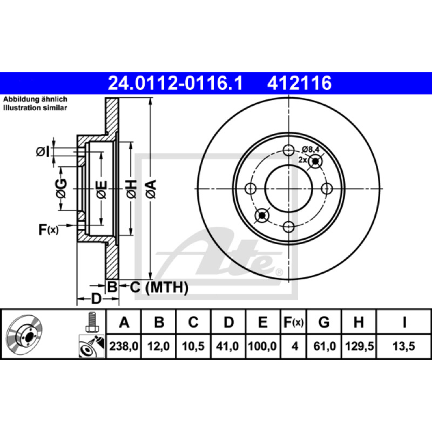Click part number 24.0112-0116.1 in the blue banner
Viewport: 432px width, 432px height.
coord(175,83)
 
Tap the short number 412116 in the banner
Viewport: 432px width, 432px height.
coord(299,83)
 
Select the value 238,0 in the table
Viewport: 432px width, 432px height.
coord(124,346)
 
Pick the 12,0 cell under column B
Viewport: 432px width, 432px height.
coord(158,346)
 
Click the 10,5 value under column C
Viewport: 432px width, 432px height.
coord(193,346)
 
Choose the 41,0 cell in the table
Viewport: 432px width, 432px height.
coord(227,346)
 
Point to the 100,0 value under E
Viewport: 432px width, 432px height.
coord(262,346)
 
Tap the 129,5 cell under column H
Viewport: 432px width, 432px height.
coord(359,346)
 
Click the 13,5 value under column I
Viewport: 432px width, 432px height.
coord(403,346)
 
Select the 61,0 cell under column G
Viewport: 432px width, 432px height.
coord(325,346)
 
